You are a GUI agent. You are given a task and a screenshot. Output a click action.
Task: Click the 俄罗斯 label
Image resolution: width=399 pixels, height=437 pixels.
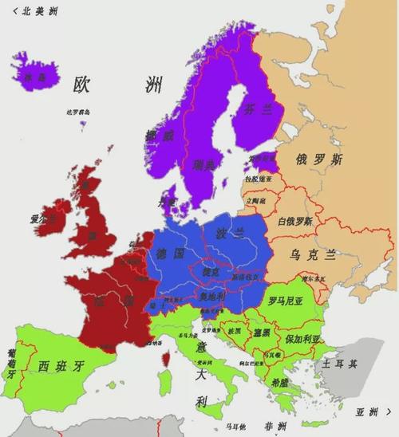click(x=318, y=159)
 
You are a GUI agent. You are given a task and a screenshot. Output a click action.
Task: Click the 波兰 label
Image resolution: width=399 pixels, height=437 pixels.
click(x=230, y=233)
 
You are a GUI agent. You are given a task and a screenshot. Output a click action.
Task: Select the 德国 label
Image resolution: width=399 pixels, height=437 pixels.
click(x=171, y=253)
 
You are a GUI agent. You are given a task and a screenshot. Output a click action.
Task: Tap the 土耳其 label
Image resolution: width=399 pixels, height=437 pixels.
click(x=340, y=363)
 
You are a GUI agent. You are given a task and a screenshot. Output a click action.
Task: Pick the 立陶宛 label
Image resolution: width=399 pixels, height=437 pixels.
click(x=256, y=202)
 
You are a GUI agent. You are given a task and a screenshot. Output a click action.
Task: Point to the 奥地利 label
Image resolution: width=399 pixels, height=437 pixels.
click(x=212, y=296)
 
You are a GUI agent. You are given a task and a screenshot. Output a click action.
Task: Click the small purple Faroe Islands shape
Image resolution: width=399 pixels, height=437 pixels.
click(x=83, y=120)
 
